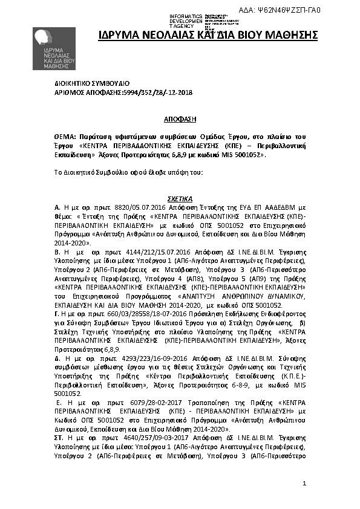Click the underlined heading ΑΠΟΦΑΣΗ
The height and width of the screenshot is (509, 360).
point(180,120)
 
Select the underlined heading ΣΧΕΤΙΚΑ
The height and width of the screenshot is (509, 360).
point(180,198)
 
